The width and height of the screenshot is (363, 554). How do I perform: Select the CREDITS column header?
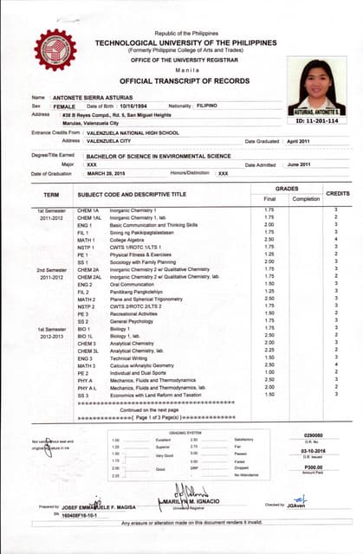point(336,194)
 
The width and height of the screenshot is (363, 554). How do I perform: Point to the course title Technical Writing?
point(129,358)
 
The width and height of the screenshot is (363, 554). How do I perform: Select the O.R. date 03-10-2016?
point(313,450)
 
